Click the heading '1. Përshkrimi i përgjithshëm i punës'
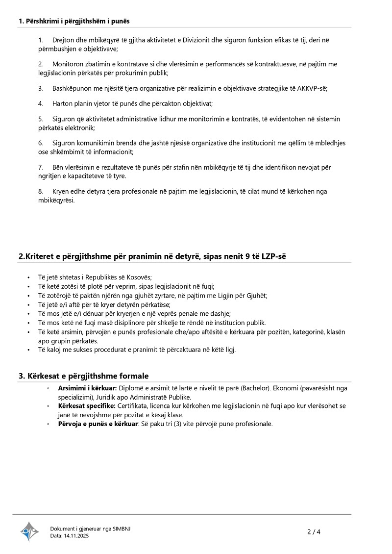74,21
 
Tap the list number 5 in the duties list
41,119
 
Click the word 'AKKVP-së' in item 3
313,88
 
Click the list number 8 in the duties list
41,191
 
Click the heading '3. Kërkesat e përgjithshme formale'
83,376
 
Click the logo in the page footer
29,532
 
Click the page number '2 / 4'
314,532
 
